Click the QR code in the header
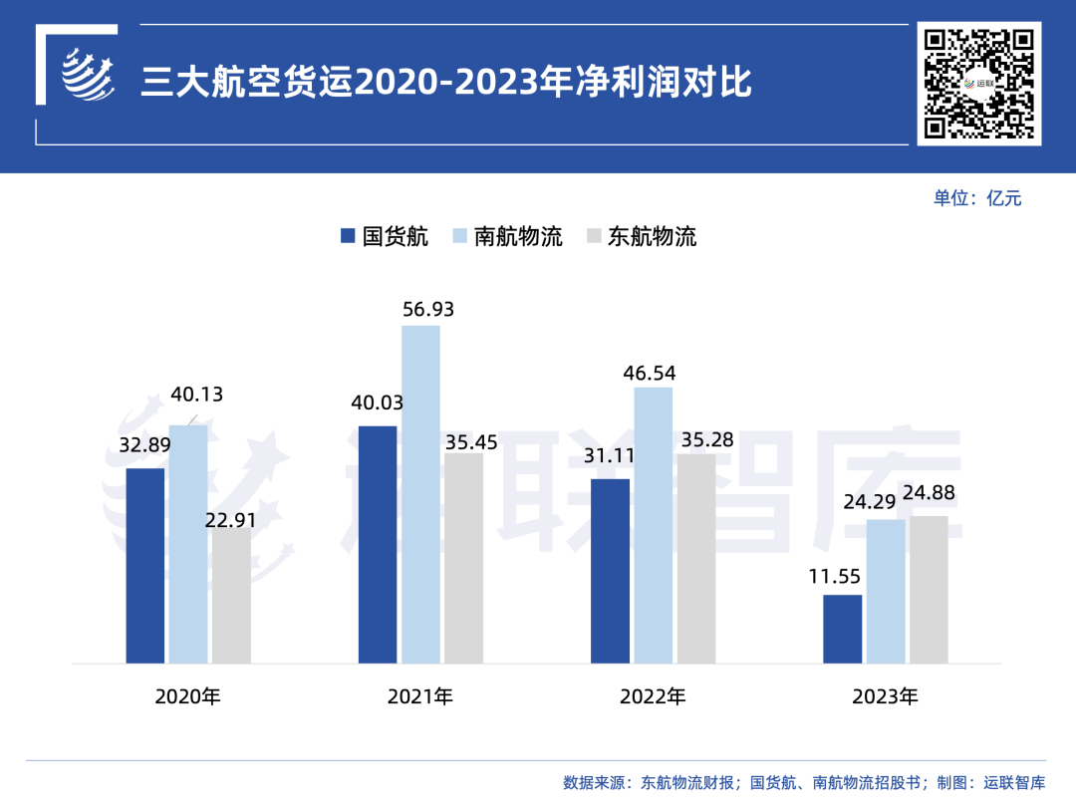(x=980, y=84)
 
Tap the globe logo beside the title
(x=88, y=74)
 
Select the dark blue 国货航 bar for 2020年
(x=145, y=565)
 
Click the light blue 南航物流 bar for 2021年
(x=420, y=494)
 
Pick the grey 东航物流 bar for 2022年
(x=696, y=558)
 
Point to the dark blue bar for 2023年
(x=842, y=629)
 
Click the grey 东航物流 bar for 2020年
(x=231, y=595)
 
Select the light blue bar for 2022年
(x=653, y=525)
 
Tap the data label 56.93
(x=428, y=310)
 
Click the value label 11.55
(x=835, y=576)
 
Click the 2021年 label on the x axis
(x=420, y=696)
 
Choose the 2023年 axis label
(x=885, y=696)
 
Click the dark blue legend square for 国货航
(x=348, y=236)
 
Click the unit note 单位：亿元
(x=977, y=197)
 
